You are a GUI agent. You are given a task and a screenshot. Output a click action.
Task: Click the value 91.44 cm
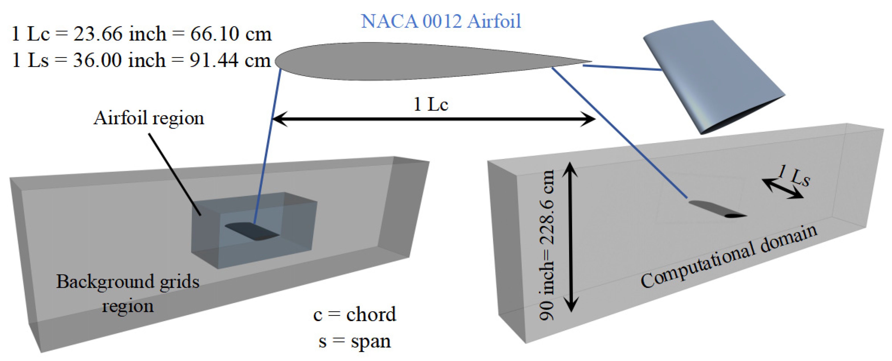pos(230,60)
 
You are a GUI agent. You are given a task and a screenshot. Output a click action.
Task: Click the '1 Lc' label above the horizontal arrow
pos(431,104)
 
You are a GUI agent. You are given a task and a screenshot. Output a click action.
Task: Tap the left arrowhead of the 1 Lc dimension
pos(279,119)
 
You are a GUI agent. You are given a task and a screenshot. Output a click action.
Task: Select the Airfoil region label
pos(149,118)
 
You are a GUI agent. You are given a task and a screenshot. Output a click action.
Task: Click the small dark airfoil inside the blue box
pos(252,231)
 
